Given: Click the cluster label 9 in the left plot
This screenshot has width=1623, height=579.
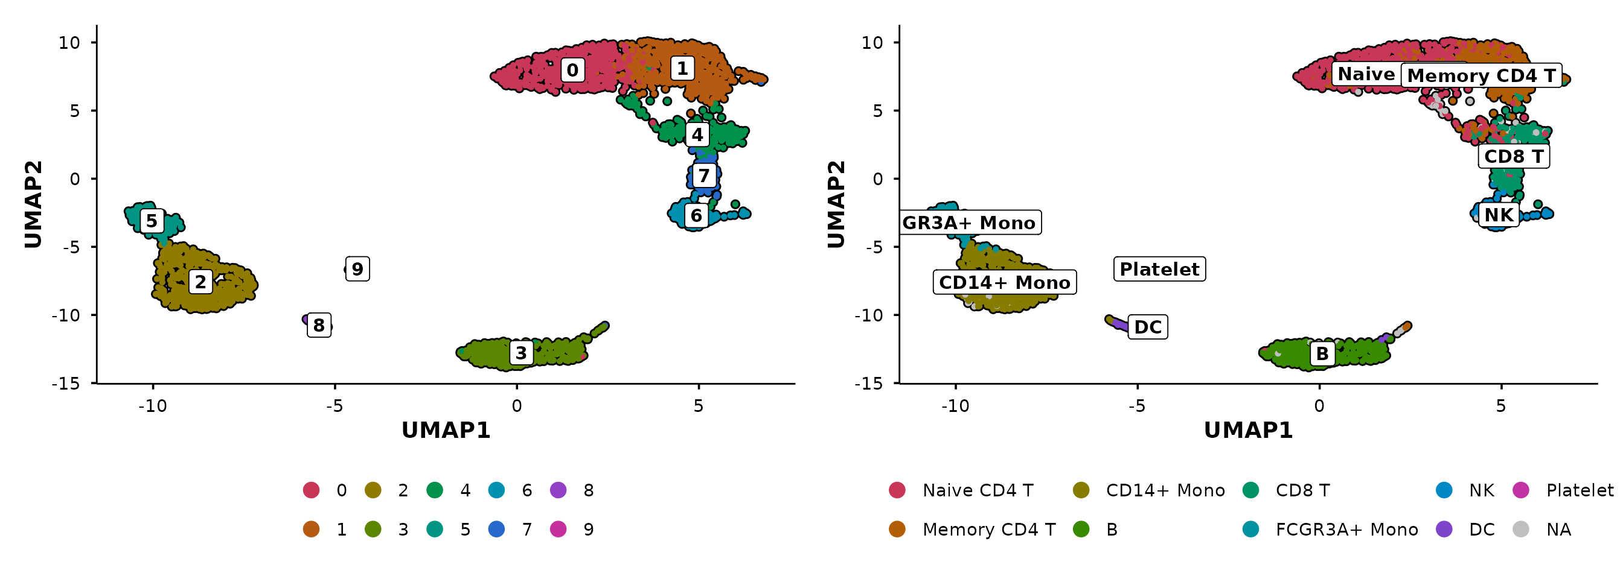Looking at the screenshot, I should [357, 270].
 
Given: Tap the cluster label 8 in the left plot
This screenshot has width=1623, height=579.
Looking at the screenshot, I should [319, 325].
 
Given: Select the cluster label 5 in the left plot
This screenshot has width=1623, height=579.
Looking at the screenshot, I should [151, 221].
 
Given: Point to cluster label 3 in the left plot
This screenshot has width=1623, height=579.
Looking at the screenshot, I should [521, 353].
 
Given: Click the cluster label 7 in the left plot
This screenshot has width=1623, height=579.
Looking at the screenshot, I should [704, 176].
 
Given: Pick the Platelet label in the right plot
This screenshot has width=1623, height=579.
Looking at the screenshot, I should [1159, 270].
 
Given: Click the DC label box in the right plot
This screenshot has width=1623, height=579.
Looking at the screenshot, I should [1147, 327].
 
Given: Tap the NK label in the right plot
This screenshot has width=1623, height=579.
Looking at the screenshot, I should [1498, 215].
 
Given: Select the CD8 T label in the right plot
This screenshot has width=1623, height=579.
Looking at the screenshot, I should [1513, 156].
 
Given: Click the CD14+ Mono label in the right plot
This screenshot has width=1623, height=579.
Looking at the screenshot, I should [1004, 283].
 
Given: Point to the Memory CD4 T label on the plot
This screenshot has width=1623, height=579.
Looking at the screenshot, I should [1481, 75].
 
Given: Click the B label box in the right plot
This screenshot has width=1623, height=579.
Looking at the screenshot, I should [1322, 353].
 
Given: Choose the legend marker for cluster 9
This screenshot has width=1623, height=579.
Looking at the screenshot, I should [559, 530].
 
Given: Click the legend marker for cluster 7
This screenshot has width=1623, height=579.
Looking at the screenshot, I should [496, 530].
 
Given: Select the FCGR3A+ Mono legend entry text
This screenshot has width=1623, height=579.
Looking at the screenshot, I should [1346, 530].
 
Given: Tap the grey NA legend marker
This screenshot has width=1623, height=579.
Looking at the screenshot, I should [1521, 530].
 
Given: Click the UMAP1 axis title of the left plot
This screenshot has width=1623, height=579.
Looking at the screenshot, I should [446, 430].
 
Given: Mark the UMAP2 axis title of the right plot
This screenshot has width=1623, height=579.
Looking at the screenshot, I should [836, 204].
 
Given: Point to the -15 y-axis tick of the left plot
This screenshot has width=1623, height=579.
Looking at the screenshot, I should [66, 383].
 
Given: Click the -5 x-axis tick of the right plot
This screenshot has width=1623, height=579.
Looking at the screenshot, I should [1137, 406].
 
